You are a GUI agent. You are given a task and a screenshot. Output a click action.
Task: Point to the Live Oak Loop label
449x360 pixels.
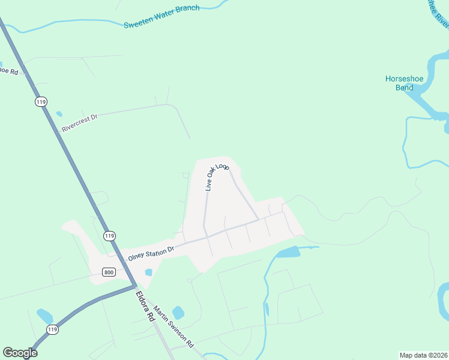point(217,176)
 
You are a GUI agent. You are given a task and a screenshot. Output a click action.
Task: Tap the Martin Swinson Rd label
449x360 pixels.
point(173,326)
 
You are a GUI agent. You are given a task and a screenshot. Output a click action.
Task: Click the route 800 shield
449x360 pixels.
point(108,272)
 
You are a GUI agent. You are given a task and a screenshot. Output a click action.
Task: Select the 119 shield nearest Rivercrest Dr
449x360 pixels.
point(41,102)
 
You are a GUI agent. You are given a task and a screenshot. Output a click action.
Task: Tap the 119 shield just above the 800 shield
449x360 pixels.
point(109,236)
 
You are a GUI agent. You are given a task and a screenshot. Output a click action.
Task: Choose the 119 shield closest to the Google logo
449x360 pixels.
point(52,329)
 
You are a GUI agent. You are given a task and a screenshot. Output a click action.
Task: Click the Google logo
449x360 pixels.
point(20,352)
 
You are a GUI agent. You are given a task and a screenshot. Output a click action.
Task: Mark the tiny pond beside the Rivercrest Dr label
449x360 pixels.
point(59,113)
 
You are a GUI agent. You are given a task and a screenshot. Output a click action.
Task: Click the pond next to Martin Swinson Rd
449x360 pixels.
point(178,313)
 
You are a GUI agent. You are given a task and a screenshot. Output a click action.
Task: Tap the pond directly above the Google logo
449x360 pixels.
point(44,316)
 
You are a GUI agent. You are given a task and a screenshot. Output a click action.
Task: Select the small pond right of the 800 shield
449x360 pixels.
point(148,272)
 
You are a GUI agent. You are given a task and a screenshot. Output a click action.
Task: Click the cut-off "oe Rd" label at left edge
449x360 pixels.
point(9,71)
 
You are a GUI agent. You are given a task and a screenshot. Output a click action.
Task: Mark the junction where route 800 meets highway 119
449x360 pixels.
point(133,286)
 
